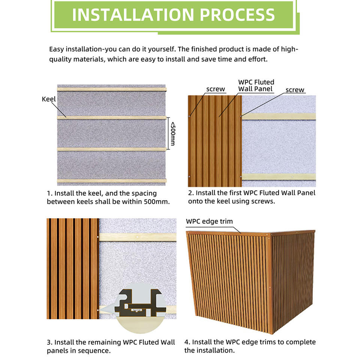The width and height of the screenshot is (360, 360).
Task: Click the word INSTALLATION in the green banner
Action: pyautogui.click(x=133, y=15)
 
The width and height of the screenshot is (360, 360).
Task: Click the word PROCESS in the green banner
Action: pyautogui.click(x=237, y=15)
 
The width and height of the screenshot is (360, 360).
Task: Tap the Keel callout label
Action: pyautogui.click(x=49, y=99)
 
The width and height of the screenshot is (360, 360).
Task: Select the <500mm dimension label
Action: pyautogui.click(x=173, y=133)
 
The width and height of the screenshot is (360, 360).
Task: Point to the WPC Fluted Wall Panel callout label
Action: pyautogui.click(x=256, y=85)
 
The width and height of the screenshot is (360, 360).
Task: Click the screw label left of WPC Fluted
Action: pyautogui.click(x=216, y=89)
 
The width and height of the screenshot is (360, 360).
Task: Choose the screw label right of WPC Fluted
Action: pyautogui.click(x=295, y=90)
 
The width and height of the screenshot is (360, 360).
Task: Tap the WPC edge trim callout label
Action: pyautogui.click(x=209, y=221)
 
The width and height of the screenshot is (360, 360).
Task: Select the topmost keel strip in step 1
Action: pyautogui.click(x=112, y=89)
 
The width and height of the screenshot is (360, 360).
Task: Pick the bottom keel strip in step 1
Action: pyautogui.click(x=112, y=181)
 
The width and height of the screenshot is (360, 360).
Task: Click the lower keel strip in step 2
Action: pyautogui.click(x=279, y=177)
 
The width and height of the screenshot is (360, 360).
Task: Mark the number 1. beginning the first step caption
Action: pyautogui.click(x=49, y=193)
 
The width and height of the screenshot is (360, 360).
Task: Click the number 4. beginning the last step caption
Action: pyautogui.click(x=187, y=342)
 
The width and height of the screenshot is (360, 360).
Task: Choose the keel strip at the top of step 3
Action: pyautogui.click(x=138, y=237)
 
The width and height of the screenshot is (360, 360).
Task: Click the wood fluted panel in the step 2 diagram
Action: pyautogui.click(x=215, y=141)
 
